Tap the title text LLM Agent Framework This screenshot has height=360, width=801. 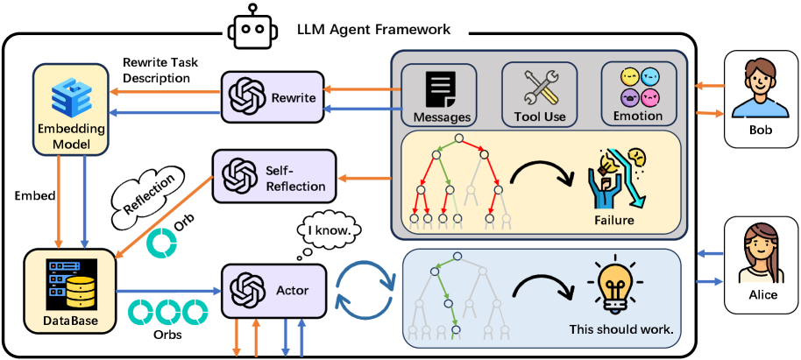[379, 29]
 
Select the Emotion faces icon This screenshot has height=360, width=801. [638, 86]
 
